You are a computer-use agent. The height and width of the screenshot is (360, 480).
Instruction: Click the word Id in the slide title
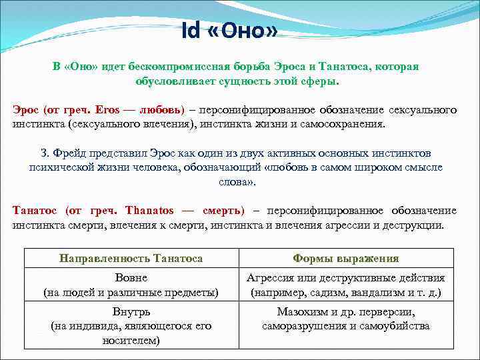click(x=191, y=31)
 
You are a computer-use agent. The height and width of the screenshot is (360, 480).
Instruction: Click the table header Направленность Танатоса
click(x=131, y=258)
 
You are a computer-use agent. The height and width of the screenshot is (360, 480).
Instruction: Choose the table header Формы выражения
click(x=345, y=258)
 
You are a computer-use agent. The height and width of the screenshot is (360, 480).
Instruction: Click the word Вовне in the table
click(x=131, y=277)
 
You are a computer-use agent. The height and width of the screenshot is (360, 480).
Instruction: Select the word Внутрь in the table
click(x=131, y=312)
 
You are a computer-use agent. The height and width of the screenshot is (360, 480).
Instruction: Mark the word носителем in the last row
click(x=131, y=340)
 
